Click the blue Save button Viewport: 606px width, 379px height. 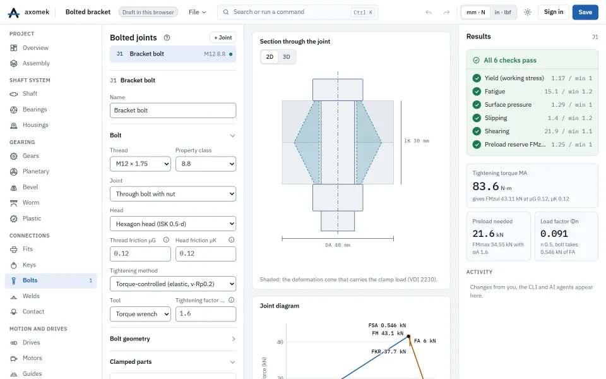585,12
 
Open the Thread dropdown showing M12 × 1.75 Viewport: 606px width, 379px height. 140,164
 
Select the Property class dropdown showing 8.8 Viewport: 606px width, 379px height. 206,164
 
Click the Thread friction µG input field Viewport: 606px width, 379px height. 140,254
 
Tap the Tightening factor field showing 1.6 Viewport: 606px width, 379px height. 206,314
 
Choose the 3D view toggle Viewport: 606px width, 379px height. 287,57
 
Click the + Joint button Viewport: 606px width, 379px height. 223,37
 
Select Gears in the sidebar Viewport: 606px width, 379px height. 30,156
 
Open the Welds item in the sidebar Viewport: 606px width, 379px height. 31,296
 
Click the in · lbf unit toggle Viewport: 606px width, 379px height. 503,12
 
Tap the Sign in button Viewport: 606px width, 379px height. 554,12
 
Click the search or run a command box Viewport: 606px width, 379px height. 297,12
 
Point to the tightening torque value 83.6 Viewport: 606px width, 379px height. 486,186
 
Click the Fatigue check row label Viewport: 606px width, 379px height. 495,91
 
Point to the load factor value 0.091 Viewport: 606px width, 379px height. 554,234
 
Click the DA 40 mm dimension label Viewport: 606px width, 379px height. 338,245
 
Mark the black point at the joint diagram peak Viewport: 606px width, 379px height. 408,337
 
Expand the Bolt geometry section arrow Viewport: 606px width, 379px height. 233,339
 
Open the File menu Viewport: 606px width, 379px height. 198,12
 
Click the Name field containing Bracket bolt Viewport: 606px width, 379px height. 173,110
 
